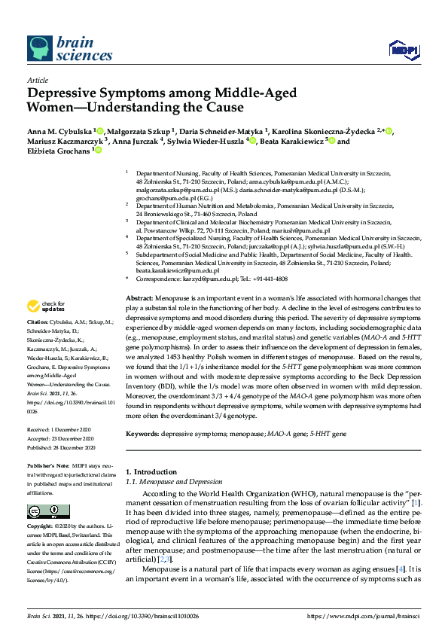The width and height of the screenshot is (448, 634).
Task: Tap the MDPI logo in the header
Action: point(401,50)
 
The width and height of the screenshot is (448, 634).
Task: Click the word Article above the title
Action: point(38,80)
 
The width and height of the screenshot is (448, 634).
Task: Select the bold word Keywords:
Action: point(143,435)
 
